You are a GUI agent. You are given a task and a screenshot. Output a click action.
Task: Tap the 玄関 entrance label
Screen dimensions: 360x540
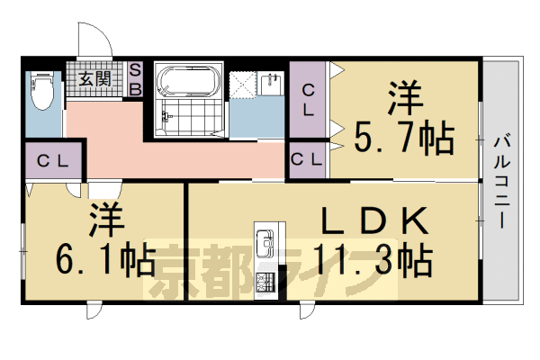click(x=93, y=78)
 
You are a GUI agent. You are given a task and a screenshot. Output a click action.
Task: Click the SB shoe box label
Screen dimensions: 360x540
click(x=135, y=78)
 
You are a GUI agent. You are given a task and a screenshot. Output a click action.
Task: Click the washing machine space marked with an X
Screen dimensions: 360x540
click(x=241, y=84)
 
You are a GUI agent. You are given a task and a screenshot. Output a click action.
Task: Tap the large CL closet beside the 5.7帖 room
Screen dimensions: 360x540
click(x=309, y=100)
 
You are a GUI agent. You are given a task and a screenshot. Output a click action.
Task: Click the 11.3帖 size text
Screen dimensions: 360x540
click(x=371, y=260)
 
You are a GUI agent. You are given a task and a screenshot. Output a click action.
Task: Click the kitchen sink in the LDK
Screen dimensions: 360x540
click(x=265, y=242)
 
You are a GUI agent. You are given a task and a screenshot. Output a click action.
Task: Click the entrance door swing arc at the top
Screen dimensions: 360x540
click(x=93, y=40)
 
